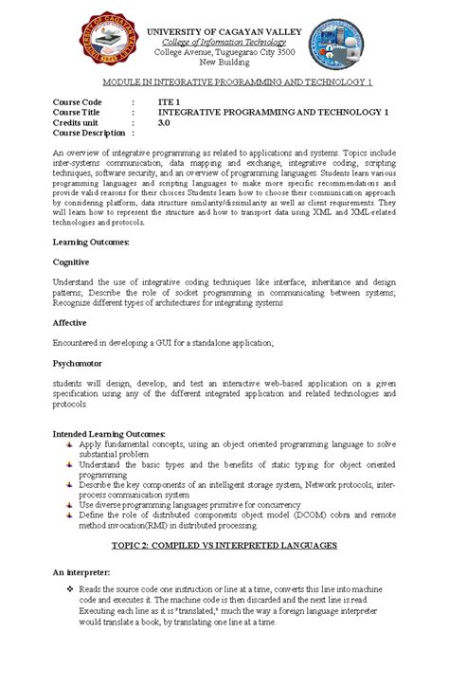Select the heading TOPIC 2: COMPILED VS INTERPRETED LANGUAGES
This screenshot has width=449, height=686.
click(224, 547)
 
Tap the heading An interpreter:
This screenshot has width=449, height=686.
click(81, 573)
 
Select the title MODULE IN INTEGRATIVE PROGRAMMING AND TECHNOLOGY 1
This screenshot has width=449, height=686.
click(224, 81)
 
